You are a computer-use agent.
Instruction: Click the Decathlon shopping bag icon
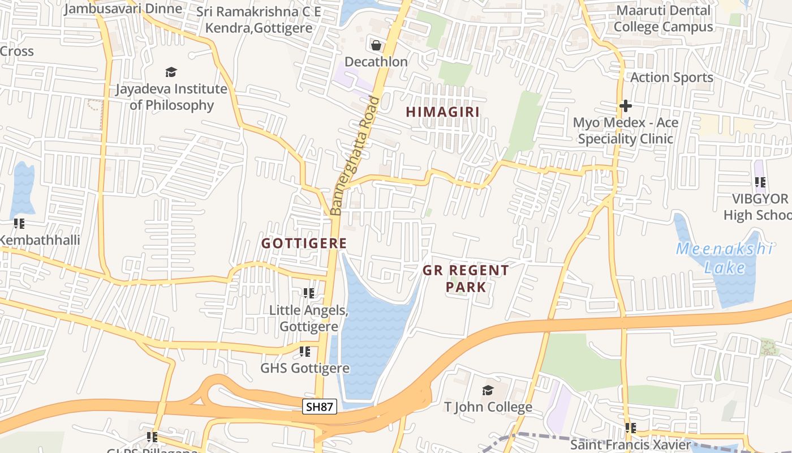pos(376,45)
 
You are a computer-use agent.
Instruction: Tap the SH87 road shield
pos(320,406)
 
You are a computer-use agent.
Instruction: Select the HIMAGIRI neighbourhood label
pos(443,112)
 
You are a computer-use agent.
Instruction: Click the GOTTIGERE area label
pos(304,243)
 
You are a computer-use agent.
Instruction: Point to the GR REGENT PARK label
pos(466,278)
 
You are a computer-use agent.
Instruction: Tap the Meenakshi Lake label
pos(725,258)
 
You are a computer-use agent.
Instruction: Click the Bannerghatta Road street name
pos(355,156)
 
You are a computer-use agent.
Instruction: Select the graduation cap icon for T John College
pos(488,390)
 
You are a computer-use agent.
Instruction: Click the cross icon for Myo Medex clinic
pos(625,106)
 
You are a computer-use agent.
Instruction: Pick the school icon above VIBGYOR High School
pos(760,182)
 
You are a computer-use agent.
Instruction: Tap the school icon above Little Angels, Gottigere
pos(308,293)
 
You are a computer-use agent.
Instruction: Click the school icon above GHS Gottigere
pos(305,352)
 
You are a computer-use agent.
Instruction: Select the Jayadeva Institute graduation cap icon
pos(171,72)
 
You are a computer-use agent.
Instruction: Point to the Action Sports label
pos(672,77)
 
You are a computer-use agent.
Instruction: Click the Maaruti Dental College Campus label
pos(663,19)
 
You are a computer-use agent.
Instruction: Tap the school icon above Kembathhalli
pos(19,224)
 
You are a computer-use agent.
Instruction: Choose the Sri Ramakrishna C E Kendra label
pos(259,20)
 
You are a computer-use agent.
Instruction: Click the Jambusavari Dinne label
pos(123,8)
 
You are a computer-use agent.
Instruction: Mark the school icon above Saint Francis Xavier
pos(630,428)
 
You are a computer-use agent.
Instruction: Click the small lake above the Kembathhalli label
pos(22,187)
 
